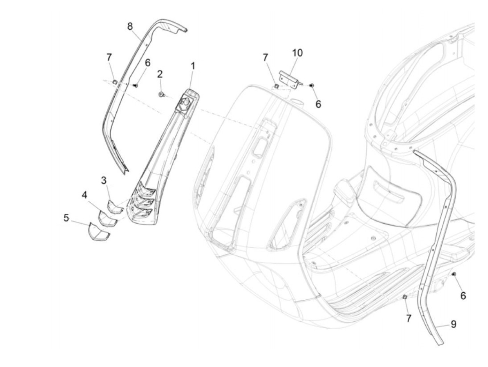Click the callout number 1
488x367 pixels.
193,66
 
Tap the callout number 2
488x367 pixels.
160,74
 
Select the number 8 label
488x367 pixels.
130,26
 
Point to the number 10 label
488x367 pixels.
297,53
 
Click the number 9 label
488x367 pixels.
453,324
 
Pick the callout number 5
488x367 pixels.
66,218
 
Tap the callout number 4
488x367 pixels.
85,195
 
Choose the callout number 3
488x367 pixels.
104,180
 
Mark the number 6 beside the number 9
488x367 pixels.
463,296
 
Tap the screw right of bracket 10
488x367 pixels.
312,85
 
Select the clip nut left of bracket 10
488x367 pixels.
275,85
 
